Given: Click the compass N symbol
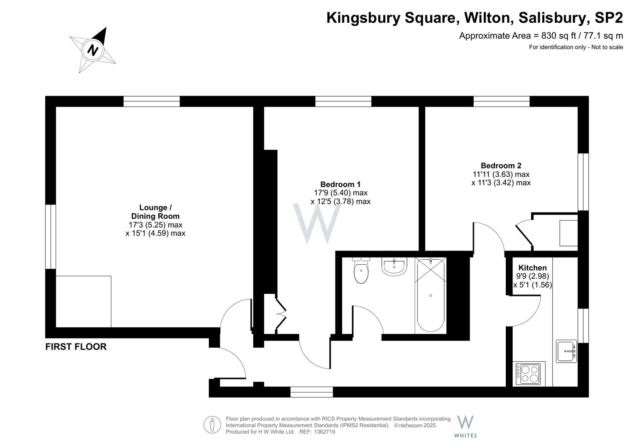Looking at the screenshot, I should click(93, 50).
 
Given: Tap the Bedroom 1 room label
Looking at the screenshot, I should click(340, 184).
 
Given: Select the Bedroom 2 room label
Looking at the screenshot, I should click(501, 166).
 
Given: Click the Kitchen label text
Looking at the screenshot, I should click(532, 268).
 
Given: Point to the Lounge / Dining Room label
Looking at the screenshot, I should click(155, 212).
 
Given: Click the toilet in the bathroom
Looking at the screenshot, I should click(361, 272).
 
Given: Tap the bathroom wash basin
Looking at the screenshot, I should click(394, 267).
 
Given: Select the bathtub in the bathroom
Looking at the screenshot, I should click(431, 295).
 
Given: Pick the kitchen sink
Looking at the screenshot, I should click(566, 351).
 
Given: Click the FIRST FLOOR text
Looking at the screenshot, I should click(76, 347).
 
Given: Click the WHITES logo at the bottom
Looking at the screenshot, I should click(465, 426).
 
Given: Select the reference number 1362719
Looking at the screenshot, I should click(325, 432).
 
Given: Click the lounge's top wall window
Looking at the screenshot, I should click(152, 101).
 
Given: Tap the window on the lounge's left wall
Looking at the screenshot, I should click(51, 236).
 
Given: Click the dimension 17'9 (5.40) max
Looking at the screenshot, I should click(340, 193).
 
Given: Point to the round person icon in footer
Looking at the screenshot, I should click(212, 425).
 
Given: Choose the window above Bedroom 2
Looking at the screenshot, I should click(502, 101).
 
